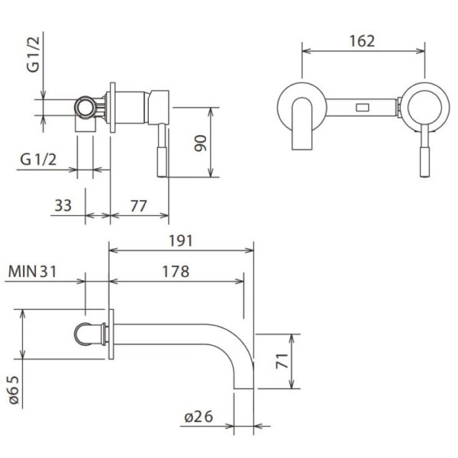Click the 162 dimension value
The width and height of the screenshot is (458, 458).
pos(362,41)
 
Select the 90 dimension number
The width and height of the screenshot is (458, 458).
pos(201,144)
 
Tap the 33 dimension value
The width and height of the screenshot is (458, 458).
pos(63,205)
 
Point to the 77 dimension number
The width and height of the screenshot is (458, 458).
pos(138,206)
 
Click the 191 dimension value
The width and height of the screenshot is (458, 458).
pos(181,241)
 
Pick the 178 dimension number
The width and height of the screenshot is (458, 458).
pos(176,271)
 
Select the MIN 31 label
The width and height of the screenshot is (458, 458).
pos(32,271)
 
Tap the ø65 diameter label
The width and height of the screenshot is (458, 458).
pos(14,389)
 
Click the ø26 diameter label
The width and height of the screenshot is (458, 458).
pos(199,417)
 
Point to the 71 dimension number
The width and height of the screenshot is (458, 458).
pos(282,361)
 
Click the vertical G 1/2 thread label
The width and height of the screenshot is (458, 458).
pos(33,55)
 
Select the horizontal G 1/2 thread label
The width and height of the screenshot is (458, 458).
pos(38,160)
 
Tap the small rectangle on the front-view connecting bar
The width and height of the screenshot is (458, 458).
pos(362,108)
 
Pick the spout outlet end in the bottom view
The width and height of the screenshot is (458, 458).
pos(244,387)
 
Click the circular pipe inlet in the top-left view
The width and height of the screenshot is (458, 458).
pos(85,107)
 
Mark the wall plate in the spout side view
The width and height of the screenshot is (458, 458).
pos(111,334)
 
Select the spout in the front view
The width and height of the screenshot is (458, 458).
pos(302,124)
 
